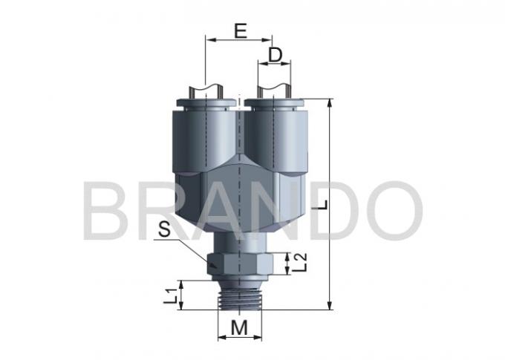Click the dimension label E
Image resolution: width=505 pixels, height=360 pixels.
tap(239, 30)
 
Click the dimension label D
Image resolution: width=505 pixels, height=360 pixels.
tap(276, 55)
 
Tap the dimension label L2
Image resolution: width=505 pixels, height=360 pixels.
tap(301, 261)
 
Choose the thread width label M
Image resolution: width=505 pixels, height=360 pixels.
tap(238, 327)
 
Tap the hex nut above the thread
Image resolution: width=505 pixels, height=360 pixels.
tap(238, 263)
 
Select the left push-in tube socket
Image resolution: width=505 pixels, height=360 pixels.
tap(203, 134)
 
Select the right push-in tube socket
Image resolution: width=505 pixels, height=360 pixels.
tap(276, 134)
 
